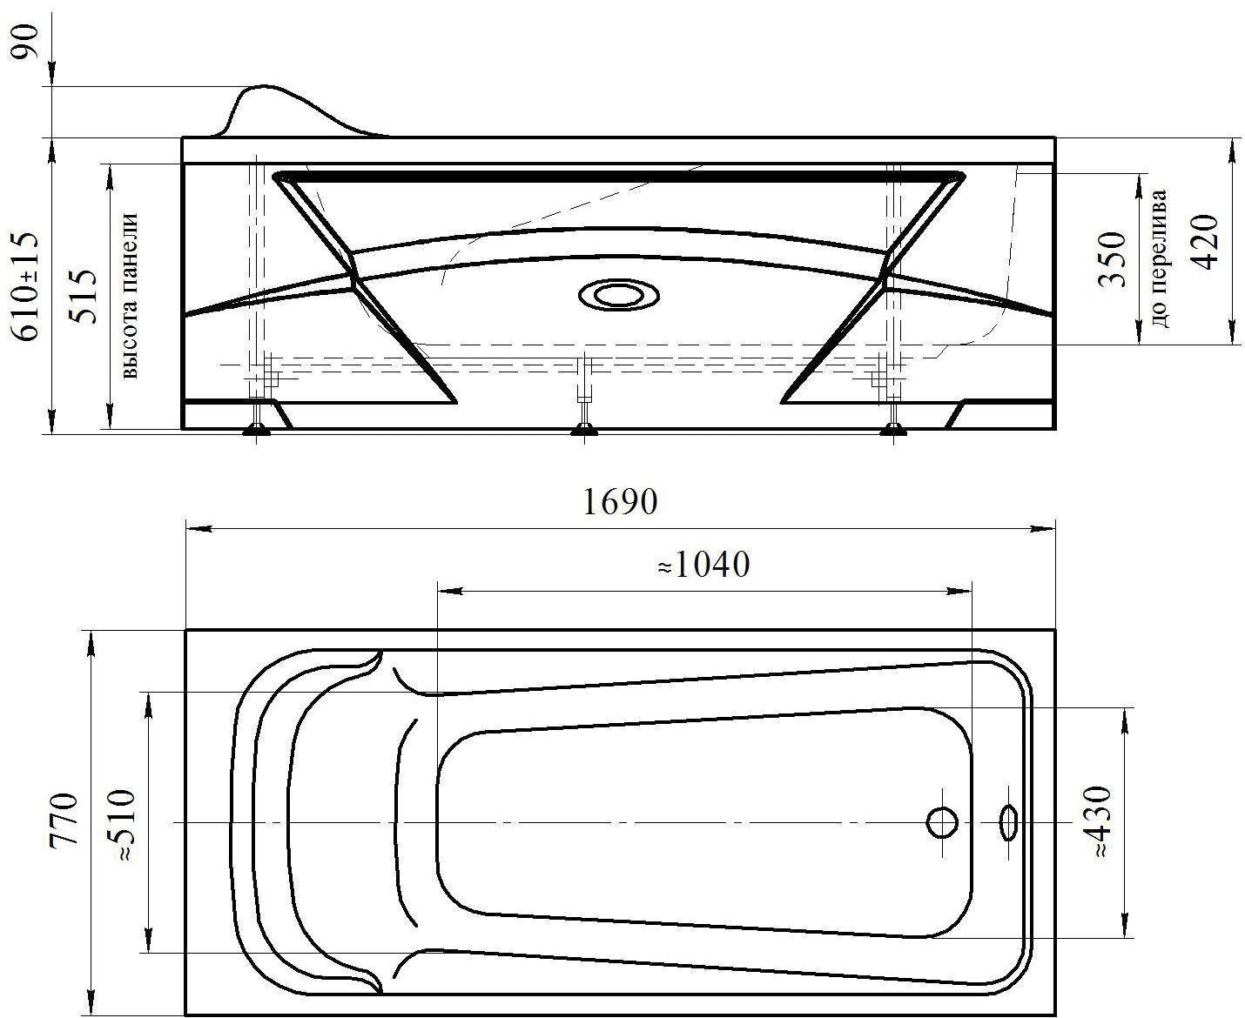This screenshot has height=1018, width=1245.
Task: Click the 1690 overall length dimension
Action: (x=620, y=502)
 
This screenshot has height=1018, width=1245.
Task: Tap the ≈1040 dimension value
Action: (x=703, y=564)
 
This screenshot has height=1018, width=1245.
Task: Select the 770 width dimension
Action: (x=64, y=820)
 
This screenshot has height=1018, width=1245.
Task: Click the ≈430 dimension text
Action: (x=1096, y=820)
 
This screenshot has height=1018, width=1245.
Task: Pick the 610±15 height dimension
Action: (x=24, y=286)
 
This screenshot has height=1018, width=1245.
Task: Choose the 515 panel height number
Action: (x=83, y=296)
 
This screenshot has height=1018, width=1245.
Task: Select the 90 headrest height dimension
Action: (x=24, y=41)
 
